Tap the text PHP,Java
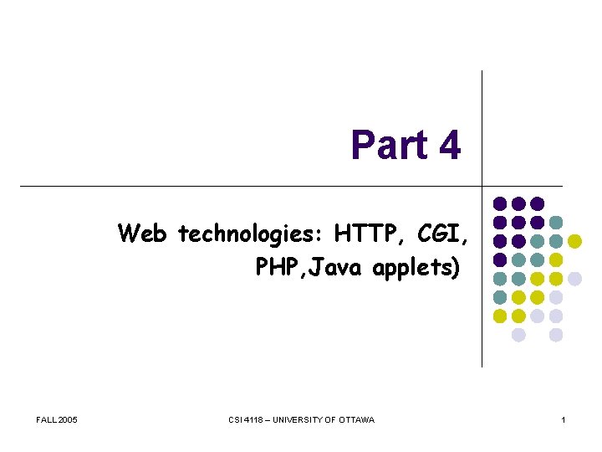(313, 269)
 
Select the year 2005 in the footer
(68, 419)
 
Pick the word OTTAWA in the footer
(358, 419)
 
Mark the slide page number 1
(564, 419)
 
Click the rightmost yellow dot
(574, 241)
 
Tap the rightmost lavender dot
(574, 279)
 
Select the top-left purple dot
(499, 203)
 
